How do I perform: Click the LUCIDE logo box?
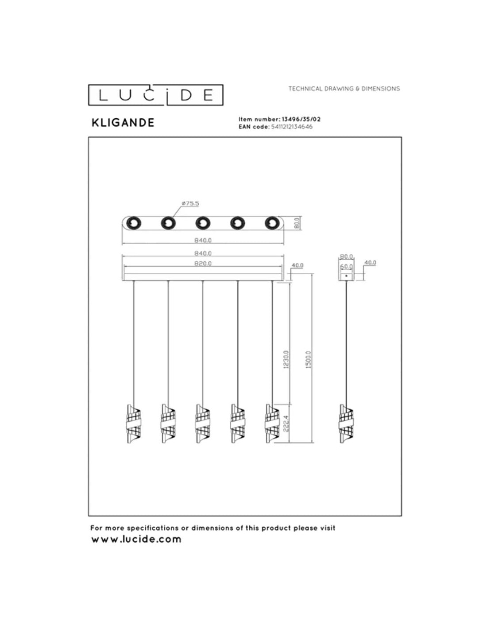point(155,95)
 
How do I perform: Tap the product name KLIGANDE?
point(123,123)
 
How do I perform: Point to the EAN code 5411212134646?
point(291,127)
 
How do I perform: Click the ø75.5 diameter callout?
point(190,203)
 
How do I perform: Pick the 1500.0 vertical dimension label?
point(308,359)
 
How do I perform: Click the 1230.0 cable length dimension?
point(286,359)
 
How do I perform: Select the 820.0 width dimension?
point(203,264)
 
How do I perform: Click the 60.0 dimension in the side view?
point(346,266)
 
